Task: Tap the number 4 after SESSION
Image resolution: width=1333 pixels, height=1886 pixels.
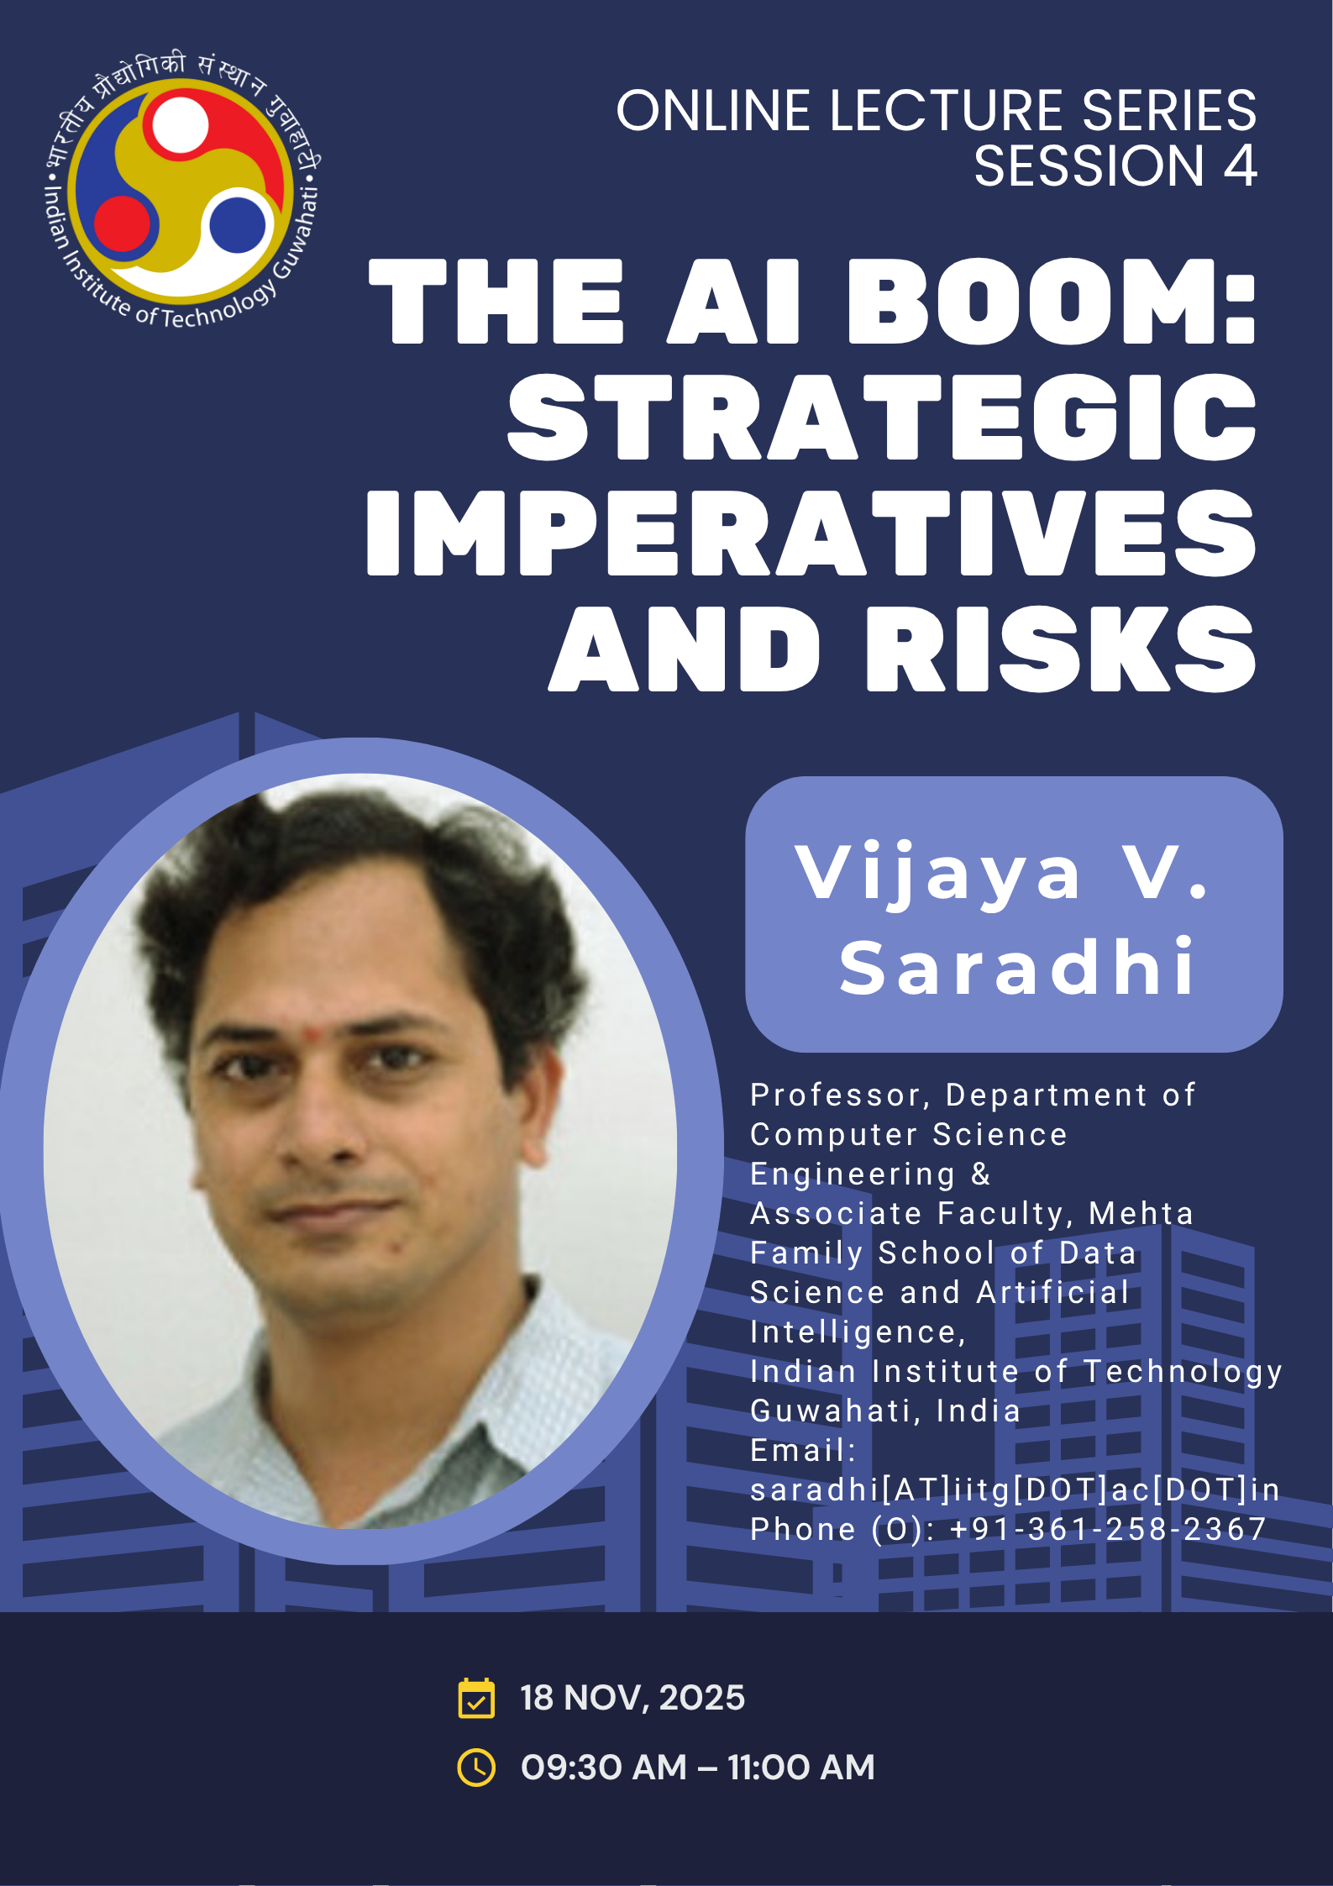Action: click(1240, 165)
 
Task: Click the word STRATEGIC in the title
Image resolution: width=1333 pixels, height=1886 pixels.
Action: click(882, 417)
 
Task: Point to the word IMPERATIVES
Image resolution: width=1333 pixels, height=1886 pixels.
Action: click(811, 533)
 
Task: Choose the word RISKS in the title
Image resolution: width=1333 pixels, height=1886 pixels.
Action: click(1061, 649)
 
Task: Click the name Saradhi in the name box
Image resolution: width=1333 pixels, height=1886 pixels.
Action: click(1016, 967)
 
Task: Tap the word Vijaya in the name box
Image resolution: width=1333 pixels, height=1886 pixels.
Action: click(937, 876)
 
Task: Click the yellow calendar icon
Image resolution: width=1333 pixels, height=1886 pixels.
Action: click(476, 1698)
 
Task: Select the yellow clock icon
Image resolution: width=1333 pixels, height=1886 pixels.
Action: click(476, 1767)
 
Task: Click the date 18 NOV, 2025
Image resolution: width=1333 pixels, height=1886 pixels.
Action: click(632, 1698)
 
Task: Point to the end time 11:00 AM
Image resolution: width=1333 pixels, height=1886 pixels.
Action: click(801, 1767)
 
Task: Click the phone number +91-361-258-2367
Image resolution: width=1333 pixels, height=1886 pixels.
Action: click(1108, 1529)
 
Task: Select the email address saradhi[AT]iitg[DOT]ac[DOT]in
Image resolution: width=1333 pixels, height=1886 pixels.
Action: click(1015, 1489)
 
